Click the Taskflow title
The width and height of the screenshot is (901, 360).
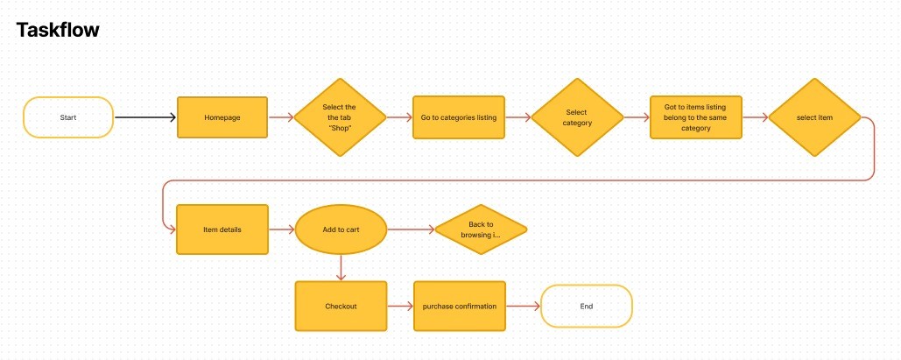coord(58,31)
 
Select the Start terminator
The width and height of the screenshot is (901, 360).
coord(68,117)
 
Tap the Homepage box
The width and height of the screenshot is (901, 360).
coord(222,117)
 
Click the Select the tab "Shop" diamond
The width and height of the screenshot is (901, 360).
coord(339,117)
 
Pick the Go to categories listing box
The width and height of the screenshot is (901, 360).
coord(460,117)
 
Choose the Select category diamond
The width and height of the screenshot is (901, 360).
coord(577,117)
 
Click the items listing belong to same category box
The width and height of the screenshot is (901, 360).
coord(696,117)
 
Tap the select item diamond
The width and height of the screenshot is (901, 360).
coord(814,117)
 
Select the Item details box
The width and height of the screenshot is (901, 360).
coord(222,229)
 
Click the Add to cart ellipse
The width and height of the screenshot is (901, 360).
coord(341,229)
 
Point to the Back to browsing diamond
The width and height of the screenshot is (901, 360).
coord(481,229)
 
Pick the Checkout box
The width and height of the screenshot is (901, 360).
coord(341,307)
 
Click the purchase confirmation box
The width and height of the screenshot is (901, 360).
coord(460,307)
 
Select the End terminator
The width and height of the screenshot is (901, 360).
coord(587,307)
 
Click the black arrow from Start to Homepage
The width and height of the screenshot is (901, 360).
coord(145,117)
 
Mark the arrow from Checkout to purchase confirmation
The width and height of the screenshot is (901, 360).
coord(399,307)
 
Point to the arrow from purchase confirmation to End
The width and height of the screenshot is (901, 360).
coord(524,307)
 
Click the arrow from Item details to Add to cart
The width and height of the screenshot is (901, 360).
coord(281,229)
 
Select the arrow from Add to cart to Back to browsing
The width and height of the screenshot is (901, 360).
coord(410,229)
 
